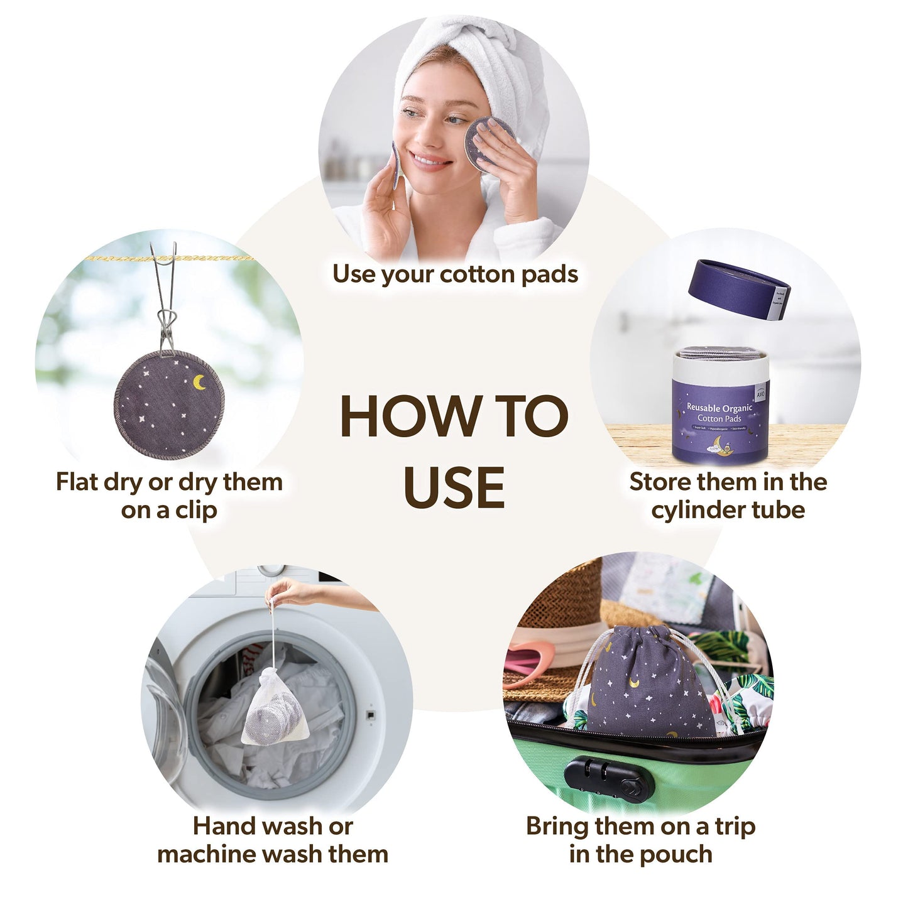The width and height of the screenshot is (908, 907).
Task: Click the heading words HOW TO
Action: pyautogui.click(x=454, y=416)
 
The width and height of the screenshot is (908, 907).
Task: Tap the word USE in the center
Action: pyautogui.click(x=454, y=488)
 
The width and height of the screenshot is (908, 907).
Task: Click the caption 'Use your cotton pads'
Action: pyautogui.click(x=455, y=274)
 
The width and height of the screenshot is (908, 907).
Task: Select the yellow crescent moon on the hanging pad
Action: pyautogui.click(x=199, y=382)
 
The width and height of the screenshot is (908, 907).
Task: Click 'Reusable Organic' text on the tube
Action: pyautogui.click(x=719, y=408)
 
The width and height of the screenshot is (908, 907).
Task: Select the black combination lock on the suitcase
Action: pyautogui.click(x=608, y=779)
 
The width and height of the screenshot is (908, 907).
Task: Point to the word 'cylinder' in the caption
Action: pyautogui.click(x=697, y=510)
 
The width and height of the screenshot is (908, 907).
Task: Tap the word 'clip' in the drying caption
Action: pyautogui.click(x=196, y=510)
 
